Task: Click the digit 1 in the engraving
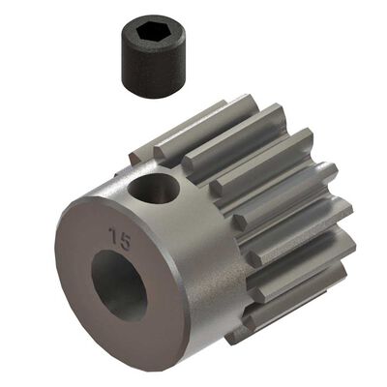coord(116,235)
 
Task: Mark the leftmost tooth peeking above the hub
coord(145,150)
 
